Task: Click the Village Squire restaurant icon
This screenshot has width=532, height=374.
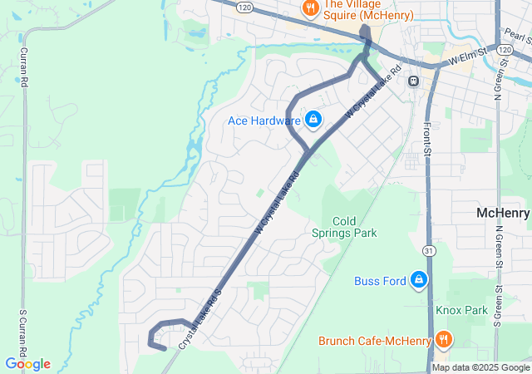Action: point(310,8)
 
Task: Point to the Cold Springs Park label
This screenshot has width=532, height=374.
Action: point(343,227)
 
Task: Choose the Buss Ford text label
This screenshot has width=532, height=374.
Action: point(380,281)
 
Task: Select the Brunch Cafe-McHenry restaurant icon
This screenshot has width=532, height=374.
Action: point(444,340)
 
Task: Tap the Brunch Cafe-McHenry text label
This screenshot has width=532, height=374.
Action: point(375,341)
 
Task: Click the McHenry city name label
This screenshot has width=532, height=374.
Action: point(504,214)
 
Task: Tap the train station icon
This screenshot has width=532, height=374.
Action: point(412,81)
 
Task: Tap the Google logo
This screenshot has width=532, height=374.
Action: point(27,364)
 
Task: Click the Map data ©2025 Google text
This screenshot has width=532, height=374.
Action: point(481,368)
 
